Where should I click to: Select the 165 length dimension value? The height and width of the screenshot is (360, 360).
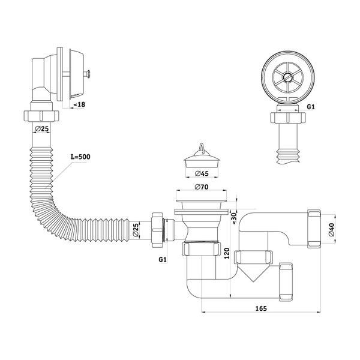pyautogui.click(x=260, y=308)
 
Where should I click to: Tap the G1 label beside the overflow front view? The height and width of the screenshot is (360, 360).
pyautogui.click(x=311, y=107)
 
